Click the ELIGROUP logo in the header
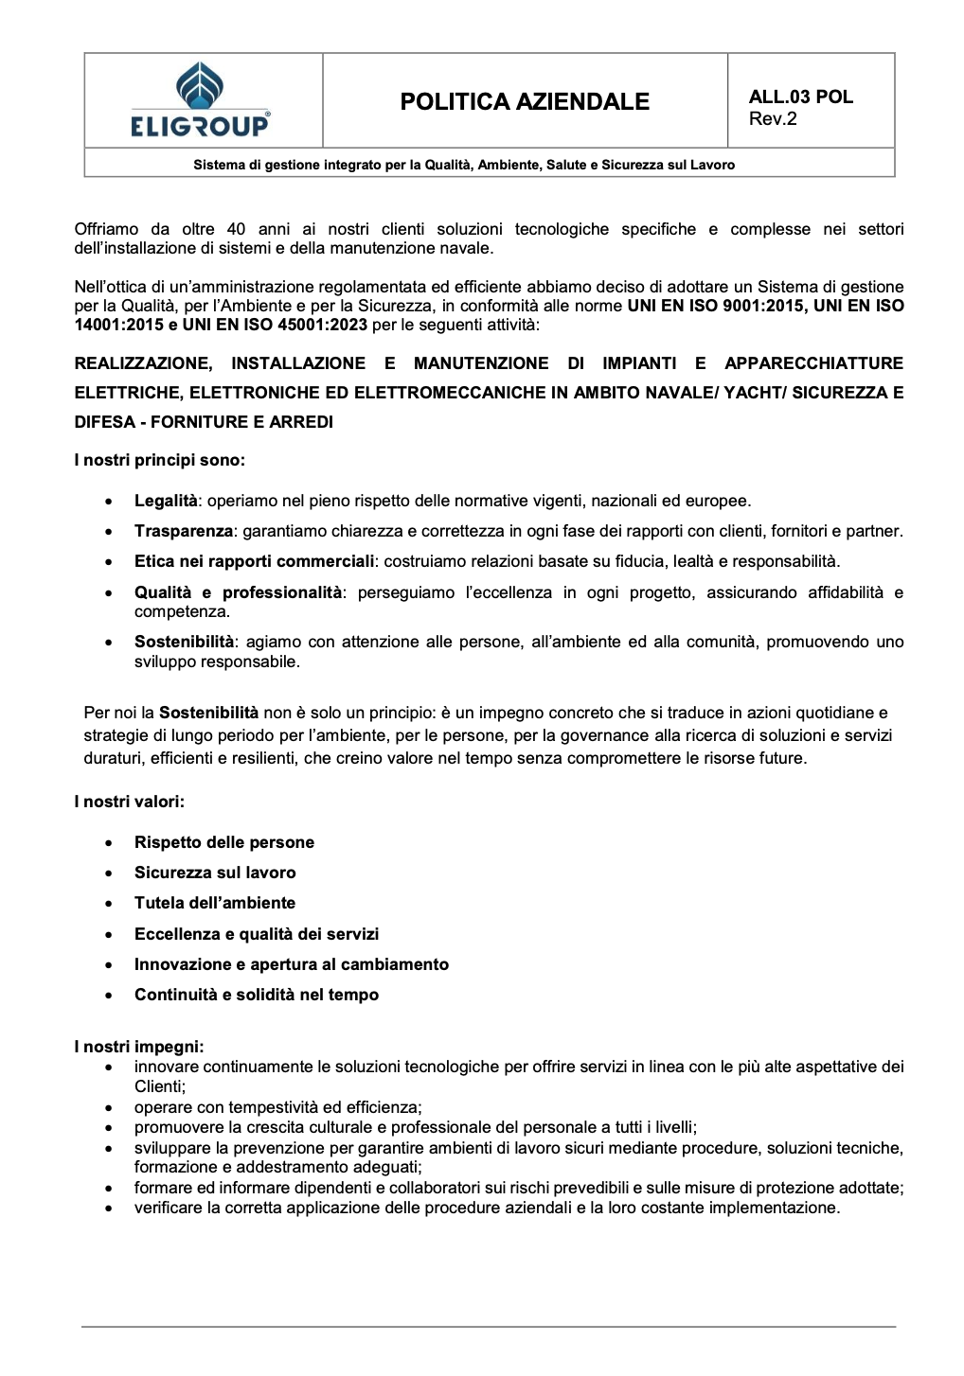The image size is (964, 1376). coord(201,100)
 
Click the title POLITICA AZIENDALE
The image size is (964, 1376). coord(525,101)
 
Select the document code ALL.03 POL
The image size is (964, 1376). coord(800,97)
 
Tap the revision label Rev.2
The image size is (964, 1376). coord(773,118)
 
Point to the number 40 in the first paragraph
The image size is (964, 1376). coord(237,229)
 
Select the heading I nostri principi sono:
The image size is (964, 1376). coord(159,460)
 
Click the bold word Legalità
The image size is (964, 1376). coord(166,501)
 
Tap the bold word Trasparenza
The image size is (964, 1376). coord(183,531)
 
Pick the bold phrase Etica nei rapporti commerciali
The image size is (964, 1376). coord(254,561)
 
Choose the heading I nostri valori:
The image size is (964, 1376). coord(129,802)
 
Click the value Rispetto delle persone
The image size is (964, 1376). coord(223,842)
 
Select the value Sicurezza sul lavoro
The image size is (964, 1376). coord(215,873)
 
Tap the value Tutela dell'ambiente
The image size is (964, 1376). coord(215,903)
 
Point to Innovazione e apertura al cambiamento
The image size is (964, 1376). coord(291,964)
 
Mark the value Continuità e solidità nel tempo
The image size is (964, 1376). coord(256,995)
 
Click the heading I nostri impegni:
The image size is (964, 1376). coord(139,1047)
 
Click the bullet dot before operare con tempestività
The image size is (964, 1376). coord(111,1107)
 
